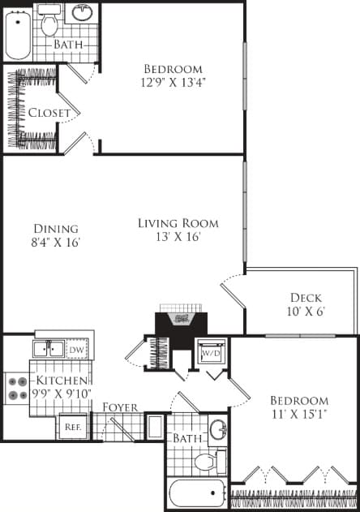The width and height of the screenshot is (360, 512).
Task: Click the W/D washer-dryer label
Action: coord(212,354)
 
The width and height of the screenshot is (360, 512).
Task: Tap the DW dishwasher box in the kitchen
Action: coord(75,350)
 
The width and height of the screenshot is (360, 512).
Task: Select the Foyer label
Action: coord(119,407)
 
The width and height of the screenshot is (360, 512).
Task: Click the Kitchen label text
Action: coord(61,381)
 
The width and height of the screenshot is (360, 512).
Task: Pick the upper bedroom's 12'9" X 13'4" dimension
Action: coord(173,83)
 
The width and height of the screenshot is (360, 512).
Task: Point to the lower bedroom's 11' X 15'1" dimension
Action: coord(300,415)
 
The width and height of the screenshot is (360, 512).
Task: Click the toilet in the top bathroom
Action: coord(50,23)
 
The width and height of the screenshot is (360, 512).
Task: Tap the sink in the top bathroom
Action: coord(82,14)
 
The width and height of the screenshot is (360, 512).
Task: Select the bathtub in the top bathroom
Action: coord(19,32)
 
